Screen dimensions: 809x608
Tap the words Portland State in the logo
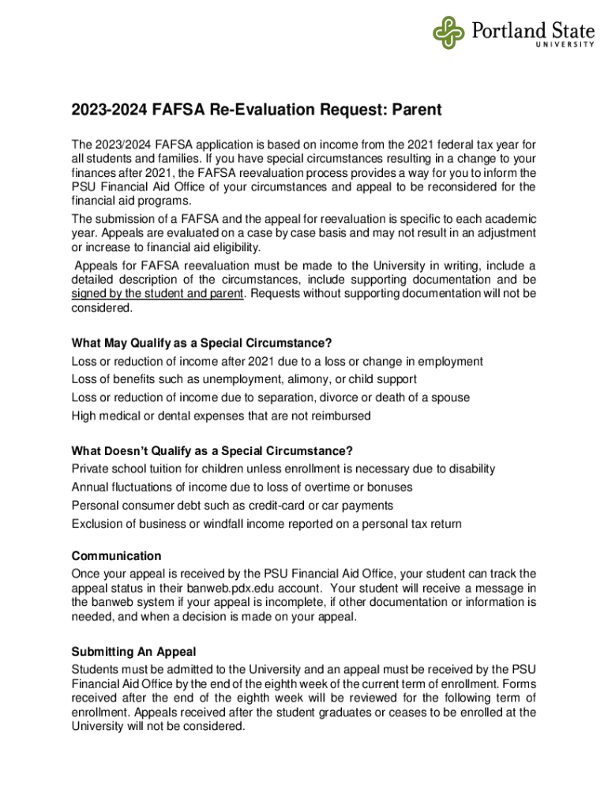(x=533, y=32)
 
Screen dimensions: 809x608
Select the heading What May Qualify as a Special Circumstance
(x=201, y=343)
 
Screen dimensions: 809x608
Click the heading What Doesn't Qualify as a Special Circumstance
(x=212, y=451)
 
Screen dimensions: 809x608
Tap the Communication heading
(x=116, y=555)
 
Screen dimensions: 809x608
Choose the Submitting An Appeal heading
(x=133, y=652)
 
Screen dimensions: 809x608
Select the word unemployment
(x=223, y=379)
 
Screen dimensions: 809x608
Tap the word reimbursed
(x=341, y=416)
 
